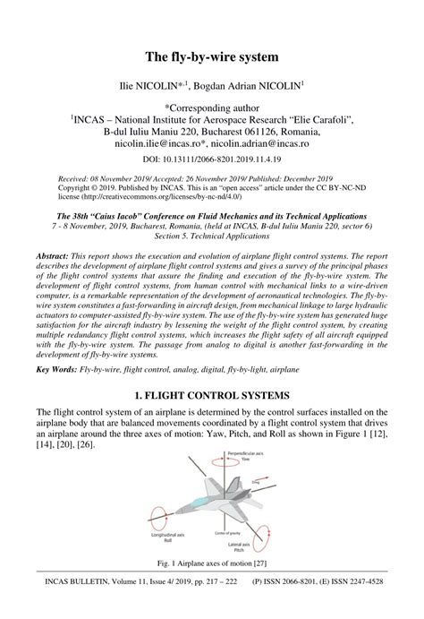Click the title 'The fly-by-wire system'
pos(212,56)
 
